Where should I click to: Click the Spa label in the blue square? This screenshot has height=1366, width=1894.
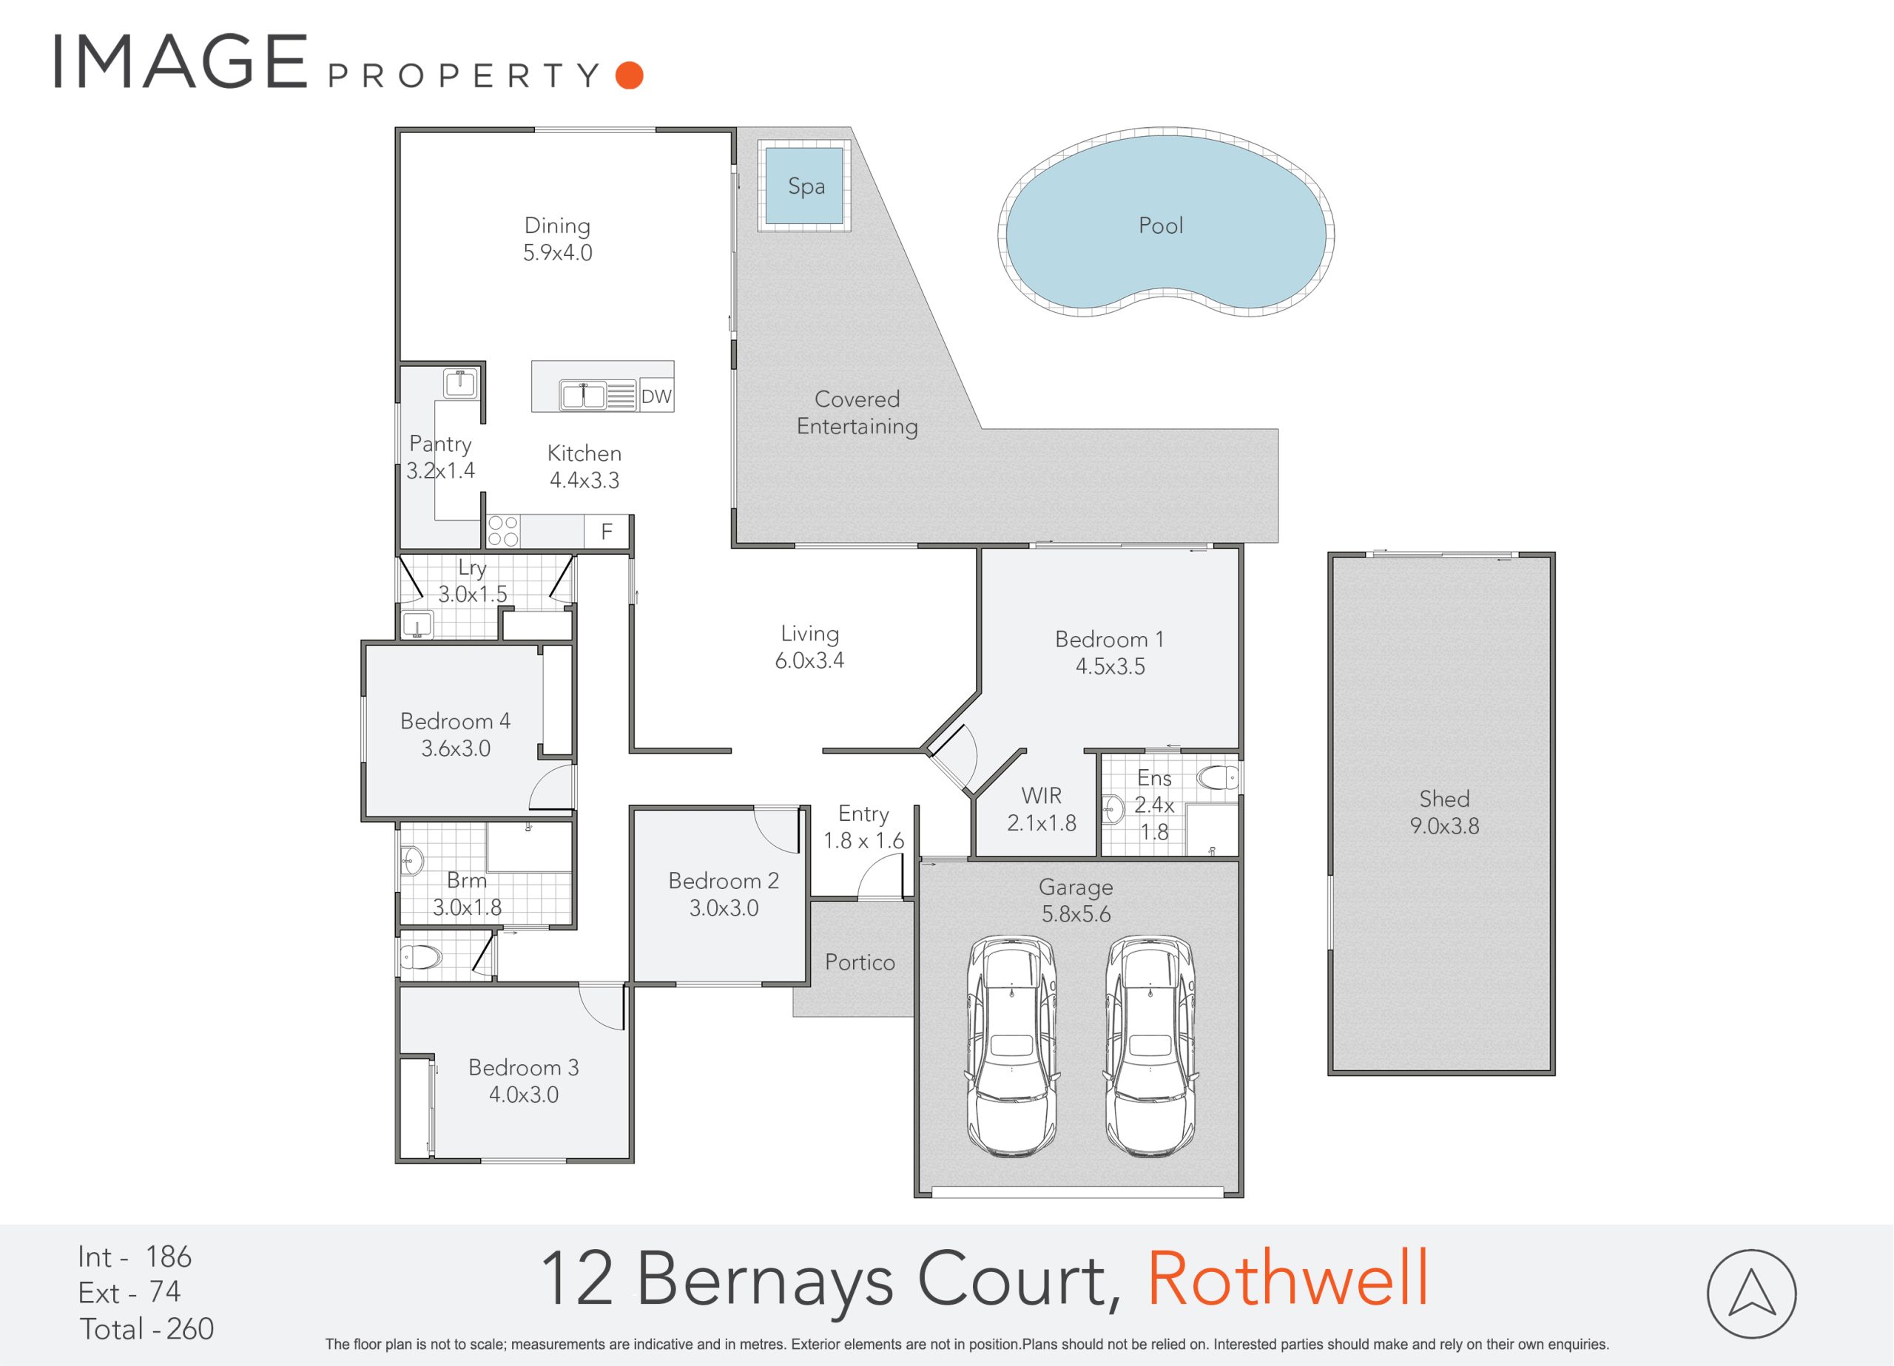(806, 186)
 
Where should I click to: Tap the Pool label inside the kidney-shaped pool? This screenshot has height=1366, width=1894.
(1161, 225)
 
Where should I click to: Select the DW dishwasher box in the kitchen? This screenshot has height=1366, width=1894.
(656, 396)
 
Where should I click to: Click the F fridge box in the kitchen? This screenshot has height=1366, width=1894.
(607, 531)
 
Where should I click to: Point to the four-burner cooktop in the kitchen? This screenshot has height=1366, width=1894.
(503, 531)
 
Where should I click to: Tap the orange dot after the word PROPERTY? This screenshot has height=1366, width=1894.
(629, 75)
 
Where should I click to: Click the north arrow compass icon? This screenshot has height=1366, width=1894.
(1751, 1294)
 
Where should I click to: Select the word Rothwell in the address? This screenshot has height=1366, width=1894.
(1288, 1278)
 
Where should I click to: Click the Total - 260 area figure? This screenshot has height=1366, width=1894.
(147, 1328)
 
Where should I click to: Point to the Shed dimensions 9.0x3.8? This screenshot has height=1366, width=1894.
(1445, 826)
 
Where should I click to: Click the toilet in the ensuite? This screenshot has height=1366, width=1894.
(1218, 779)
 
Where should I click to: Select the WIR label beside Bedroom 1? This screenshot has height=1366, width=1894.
(1042, 795)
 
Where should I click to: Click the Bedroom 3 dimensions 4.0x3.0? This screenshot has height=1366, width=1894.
(524, 1095)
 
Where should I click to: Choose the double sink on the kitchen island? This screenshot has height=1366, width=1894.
(582, 395)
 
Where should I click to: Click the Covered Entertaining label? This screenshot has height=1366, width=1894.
(857, 413)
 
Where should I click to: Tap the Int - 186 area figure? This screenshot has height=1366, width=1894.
(135, 1257)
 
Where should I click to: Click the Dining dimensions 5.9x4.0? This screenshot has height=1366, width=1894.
(558, 252)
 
